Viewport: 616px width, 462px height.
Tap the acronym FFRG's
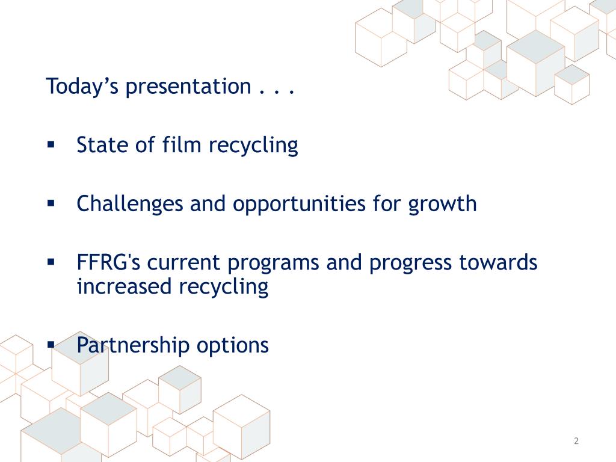coord(108,263)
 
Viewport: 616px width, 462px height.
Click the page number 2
coord(576,441)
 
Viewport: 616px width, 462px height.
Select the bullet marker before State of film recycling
coord(51,144)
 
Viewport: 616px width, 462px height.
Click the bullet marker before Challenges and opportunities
coord(51,203)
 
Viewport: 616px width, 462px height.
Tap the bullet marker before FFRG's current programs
coord(51,262)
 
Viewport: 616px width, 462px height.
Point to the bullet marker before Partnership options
coord(51,345)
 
